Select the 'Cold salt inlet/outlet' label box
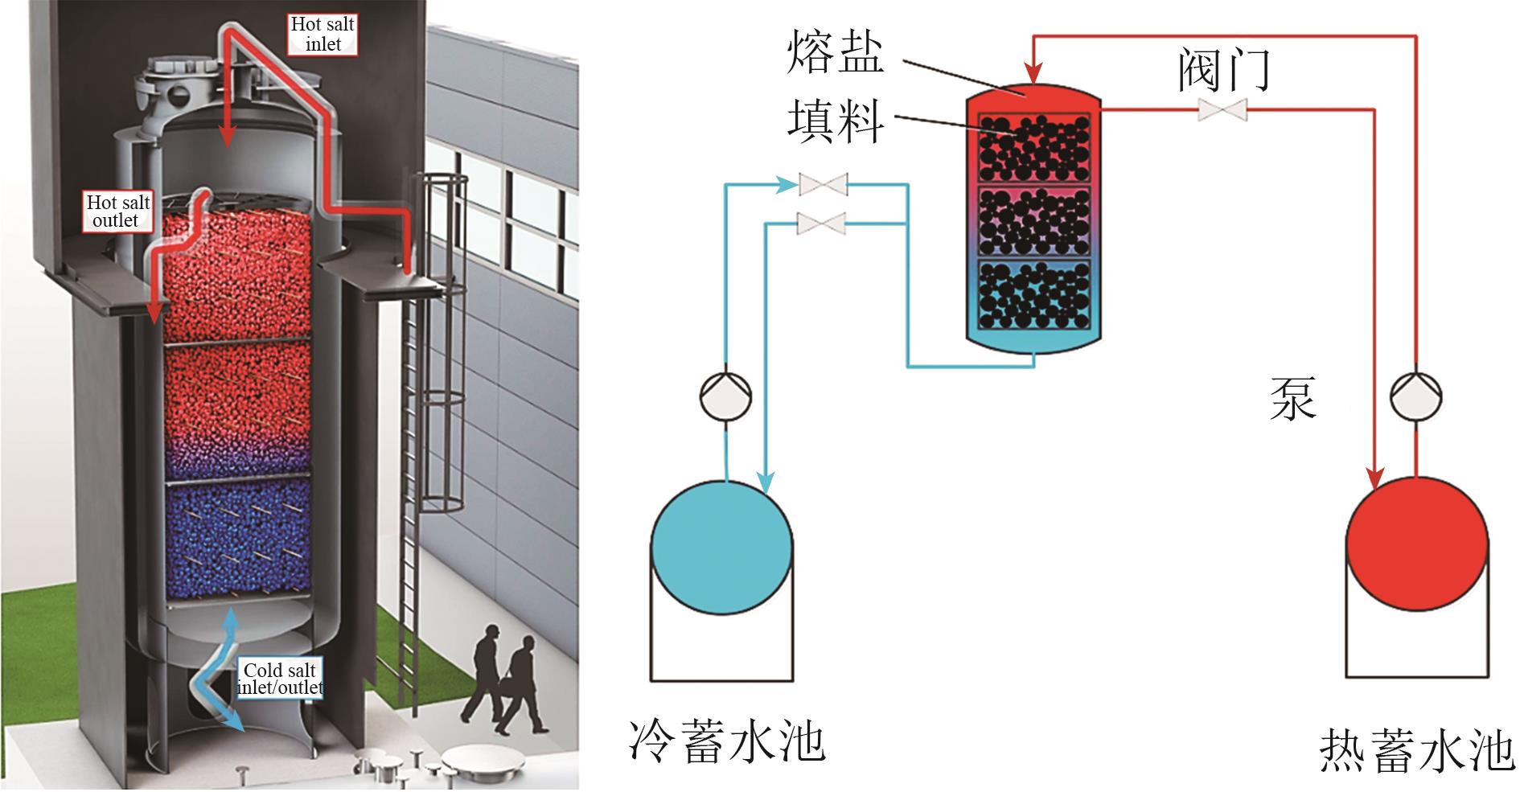coord(280,679)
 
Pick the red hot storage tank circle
coord(1416,547)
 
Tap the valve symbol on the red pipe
coord(1222,110)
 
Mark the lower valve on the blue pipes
coord(822,223)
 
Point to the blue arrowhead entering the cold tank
coord(766,481)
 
